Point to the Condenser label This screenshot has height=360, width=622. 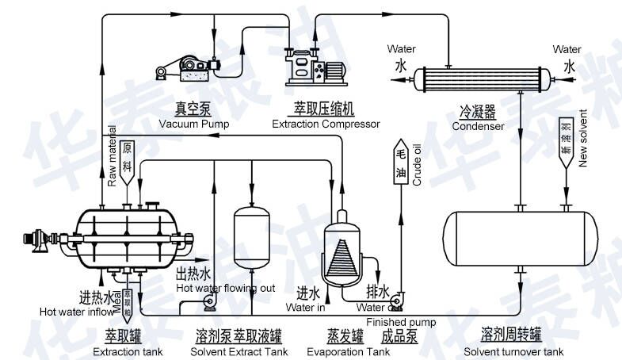point(478,125)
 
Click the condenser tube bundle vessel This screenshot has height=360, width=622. point(483,77)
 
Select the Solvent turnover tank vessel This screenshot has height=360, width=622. point(520,238)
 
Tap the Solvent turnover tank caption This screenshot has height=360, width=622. point(513,351)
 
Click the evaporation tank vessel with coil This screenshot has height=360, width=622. point(343,247)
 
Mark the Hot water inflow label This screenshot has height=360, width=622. point(77,312)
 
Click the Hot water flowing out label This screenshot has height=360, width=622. point(226,288)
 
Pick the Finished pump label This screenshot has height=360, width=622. point(401,322)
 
